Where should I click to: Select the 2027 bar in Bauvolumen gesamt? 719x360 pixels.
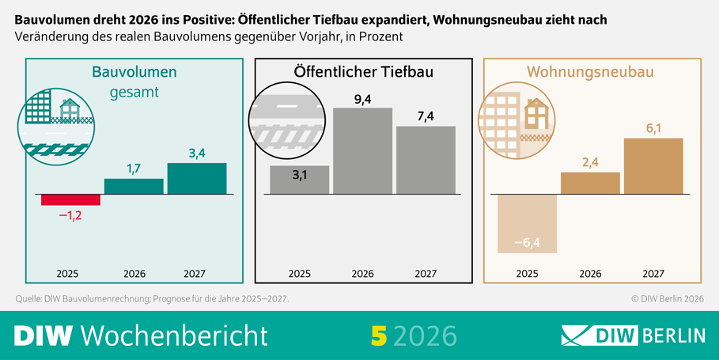click(x=197, y=178)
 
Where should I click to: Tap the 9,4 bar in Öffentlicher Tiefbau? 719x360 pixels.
click(x=362, y=150)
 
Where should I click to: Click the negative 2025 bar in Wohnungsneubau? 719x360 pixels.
click(x=528, y=224)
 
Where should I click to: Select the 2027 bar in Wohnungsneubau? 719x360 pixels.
click(x=653, y=166)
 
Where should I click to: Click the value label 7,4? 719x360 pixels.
click(x=426, y=116)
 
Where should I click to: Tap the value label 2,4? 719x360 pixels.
click(x=590, y=162)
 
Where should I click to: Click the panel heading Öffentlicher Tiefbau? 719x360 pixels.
click(x=363, y=73)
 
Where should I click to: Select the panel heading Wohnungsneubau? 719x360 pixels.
click(x=591, y=73)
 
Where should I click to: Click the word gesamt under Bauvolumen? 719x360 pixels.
click(x=134, y=93)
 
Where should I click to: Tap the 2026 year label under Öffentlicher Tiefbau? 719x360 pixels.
click(x=362, y=274)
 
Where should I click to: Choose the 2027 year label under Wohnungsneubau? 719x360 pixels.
click(x=653, y=274)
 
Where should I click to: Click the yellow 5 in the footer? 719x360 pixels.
click(x=379, y=335)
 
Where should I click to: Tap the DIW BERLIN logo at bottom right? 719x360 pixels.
click(x=632, y=335)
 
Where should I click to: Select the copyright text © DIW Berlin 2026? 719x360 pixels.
click(x=667, y=299)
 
